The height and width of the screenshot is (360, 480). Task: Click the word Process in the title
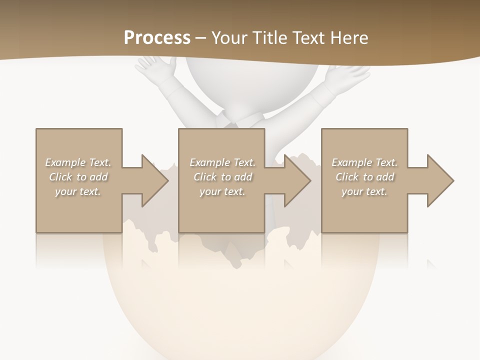(x=157, y=37)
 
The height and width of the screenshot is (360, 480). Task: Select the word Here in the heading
(x=349, y=37)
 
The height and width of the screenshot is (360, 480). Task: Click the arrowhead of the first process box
(x=154, y=180)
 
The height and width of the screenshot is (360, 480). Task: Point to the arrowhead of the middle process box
(x=297, y=180)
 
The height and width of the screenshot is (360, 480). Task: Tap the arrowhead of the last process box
(x=440, y=180)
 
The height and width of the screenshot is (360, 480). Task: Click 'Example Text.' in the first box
(x=78, y=162)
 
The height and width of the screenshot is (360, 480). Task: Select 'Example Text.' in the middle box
(x=222, y=162)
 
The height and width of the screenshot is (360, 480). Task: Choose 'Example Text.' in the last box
(x=364, y=162)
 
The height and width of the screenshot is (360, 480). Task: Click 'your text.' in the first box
(x=78, y=191)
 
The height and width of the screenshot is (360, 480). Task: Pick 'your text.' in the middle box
(x=222, y=191)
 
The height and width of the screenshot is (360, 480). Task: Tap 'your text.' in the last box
(x=364, y=191)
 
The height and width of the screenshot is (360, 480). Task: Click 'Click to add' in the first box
(x=78, y=177)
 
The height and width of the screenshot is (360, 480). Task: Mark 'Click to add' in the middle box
(x=222, y=177)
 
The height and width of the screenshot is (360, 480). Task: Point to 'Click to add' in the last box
(x=364, y=177)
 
